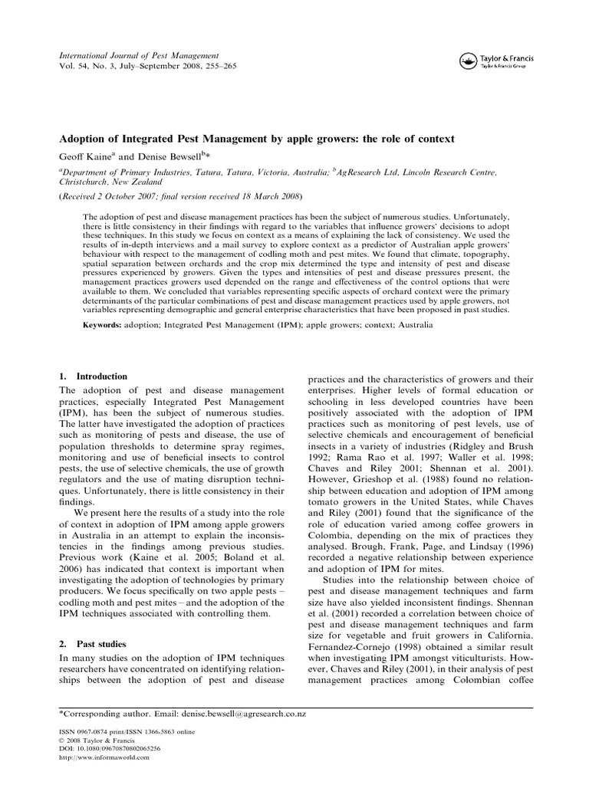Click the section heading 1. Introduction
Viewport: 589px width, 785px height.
point(94,376)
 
